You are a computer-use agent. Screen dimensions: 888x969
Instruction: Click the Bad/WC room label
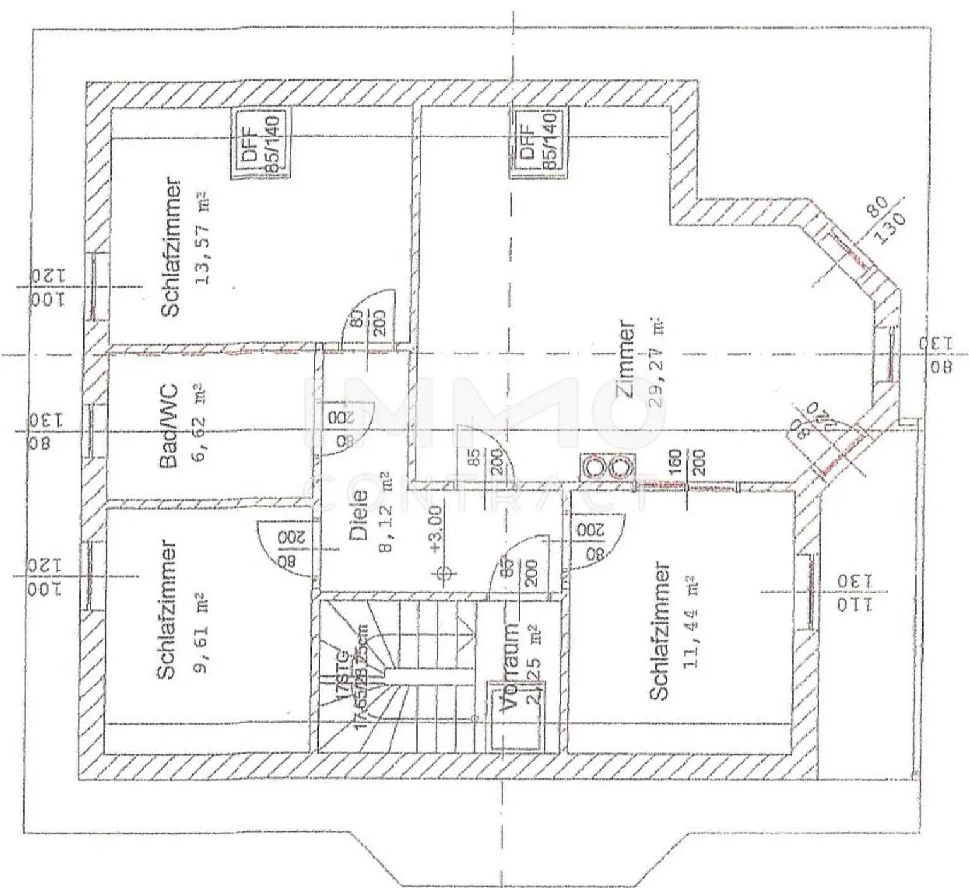[168, 426]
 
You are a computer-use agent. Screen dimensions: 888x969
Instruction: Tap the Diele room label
[358, 515]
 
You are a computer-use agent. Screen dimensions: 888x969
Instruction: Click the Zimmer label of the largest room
[626, 359]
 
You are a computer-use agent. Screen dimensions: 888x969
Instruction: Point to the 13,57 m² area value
[203, 238]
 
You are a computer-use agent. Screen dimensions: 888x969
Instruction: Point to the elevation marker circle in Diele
[444, 573]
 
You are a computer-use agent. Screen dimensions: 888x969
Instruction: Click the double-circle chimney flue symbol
[607, 468]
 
